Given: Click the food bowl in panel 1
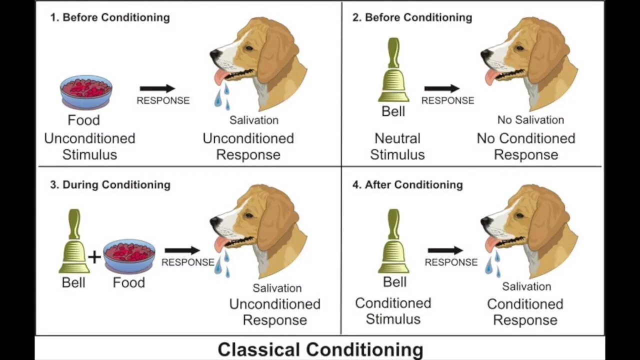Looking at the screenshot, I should point(86,91).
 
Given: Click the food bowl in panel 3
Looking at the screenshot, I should point(129,255).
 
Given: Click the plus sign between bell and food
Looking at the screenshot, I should point(94,257).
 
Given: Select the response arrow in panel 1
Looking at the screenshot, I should point(157,88).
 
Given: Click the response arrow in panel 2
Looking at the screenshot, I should point(441,88).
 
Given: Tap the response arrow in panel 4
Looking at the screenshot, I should point(445,250).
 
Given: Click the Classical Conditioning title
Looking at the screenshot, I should point(320,349).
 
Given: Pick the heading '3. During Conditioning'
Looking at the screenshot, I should point(110,184).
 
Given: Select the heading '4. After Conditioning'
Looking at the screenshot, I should point(407,184).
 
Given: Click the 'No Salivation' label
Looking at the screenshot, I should point(530,120).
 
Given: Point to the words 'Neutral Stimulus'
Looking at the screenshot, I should point(397,146).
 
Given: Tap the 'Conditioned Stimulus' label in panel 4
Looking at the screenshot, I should point(393,311).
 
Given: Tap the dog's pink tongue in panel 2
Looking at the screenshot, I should point(491,76).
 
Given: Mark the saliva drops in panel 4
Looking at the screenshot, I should point(492,263).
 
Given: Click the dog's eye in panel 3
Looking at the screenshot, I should point(248,215).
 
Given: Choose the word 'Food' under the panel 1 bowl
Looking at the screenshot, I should point(84,120).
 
